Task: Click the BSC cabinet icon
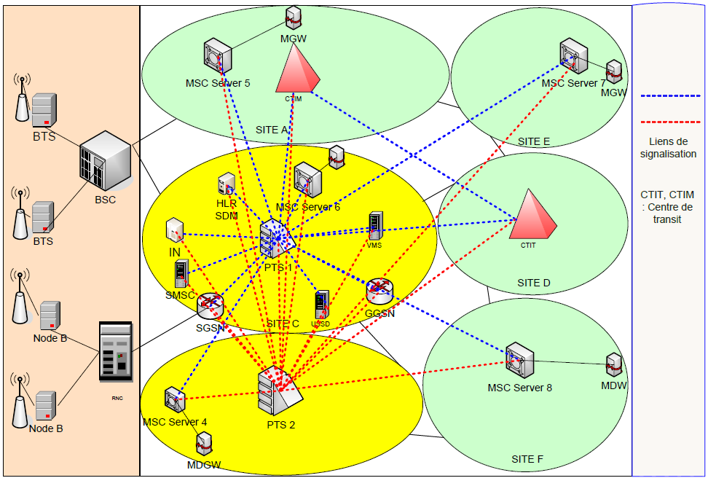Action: pos(105,160)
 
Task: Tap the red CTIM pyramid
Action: pos(297,68)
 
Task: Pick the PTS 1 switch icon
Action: pos(276,238)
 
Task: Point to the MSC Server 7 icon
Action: pos(573,56)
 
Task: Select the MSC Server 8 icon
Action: pos(519,359)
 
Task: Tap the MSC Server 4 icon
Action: pos(175,399)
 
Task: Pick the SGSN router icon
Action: pos(210,305)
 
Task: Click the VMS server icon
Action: pos(375,226)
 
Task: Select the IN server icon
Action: pos(173,230)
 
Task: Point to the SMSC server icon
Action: pos(180,274)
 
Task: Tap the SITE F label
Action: pos(527,459)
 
